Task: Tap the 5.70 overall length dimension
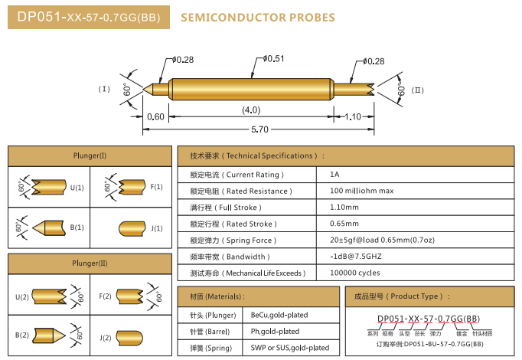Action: coord(259,130)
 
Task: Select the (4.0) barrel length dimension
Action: coord(251,110)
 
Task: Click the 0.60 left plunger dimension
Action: coord(155,116)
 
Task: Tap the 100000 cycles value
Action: coord(355,273)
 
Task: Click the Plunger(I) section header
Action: coord(90,156)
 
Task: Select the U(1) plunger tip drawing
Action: coord(48,187)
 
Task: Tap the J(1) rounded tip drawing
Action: coord(132,228)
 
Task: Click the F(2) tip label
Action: coord(105,296)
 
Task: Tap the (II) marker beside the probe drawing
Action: coord(417,90)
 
